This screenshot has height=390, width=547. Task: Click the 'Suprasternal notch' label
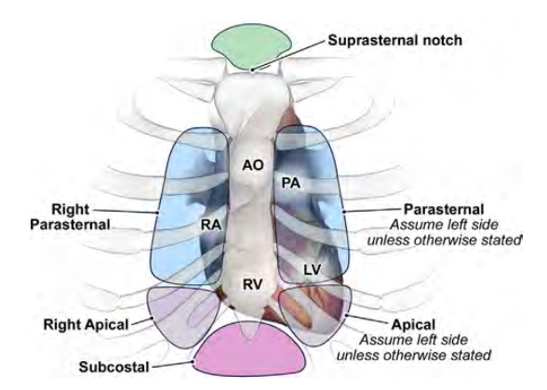tap(394, 41)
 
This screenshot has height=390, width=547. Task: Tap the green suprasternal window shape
tap(252, 47)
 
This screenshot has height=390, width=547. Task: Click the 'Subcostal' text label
tap(114, 367)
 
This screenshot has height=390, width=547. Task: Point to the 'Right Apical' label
tap(87, 325)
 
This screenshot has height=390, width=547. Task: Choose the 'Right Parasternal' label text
tap(70, 217)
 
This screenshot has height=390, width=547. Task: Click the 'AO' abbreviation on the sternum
tap(253, 165)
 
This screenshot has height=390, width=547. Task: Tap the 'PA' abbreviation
tap(291, 183)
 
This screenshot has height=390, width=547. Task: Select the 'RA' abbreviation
tap(211, 225)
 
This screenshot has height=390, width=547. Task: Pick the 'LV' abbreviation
tap(313, 269)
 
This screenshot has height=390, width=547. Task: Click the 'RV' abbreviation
tap(252, 284)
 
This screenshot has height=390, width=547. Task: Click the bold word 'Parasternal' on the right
tap(444, 209)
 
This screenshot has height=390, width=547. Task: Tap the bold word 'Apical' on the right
tap(413, 325)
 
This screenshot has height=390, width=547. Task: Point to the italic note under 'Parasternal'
tap(444, 232)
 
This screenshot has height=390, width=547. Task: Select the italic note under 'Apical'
tap(414, 347)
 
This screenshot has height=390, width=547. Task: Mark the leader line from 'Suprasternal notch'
tap(288, 55)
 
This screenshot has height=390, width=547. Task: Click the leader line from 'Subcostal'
tap(173, 365)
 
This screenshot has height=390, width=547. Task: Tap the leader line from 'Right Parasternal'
tap(127, 211)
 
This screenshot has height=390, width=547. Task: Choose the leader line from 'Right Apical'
tap(142, 321)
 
